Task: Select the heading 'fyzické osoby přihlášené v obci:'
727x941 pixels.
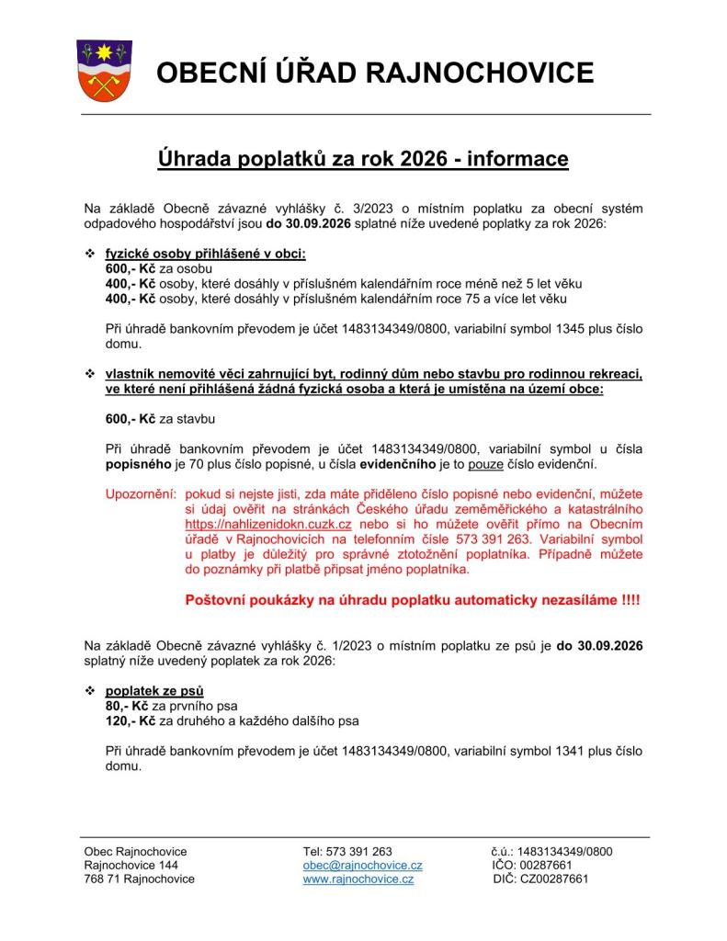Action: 205,254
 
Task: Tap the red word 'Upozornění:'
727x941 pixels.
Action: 141,495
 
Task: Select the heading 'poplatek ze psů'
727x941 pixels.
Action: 154,690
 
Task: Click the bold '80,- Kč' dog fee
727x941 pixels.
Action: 128,706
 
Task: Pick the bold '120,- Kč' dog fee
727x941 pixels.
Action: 131,720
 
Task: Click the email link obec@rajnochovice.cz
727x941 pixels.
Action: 362,865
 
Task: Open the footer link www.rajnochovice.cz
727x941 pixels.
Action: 358,879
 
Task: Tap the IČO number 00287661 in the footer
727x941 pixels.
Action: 546,865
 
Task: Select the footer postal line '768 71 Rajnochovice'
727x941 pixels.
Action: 139,879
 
